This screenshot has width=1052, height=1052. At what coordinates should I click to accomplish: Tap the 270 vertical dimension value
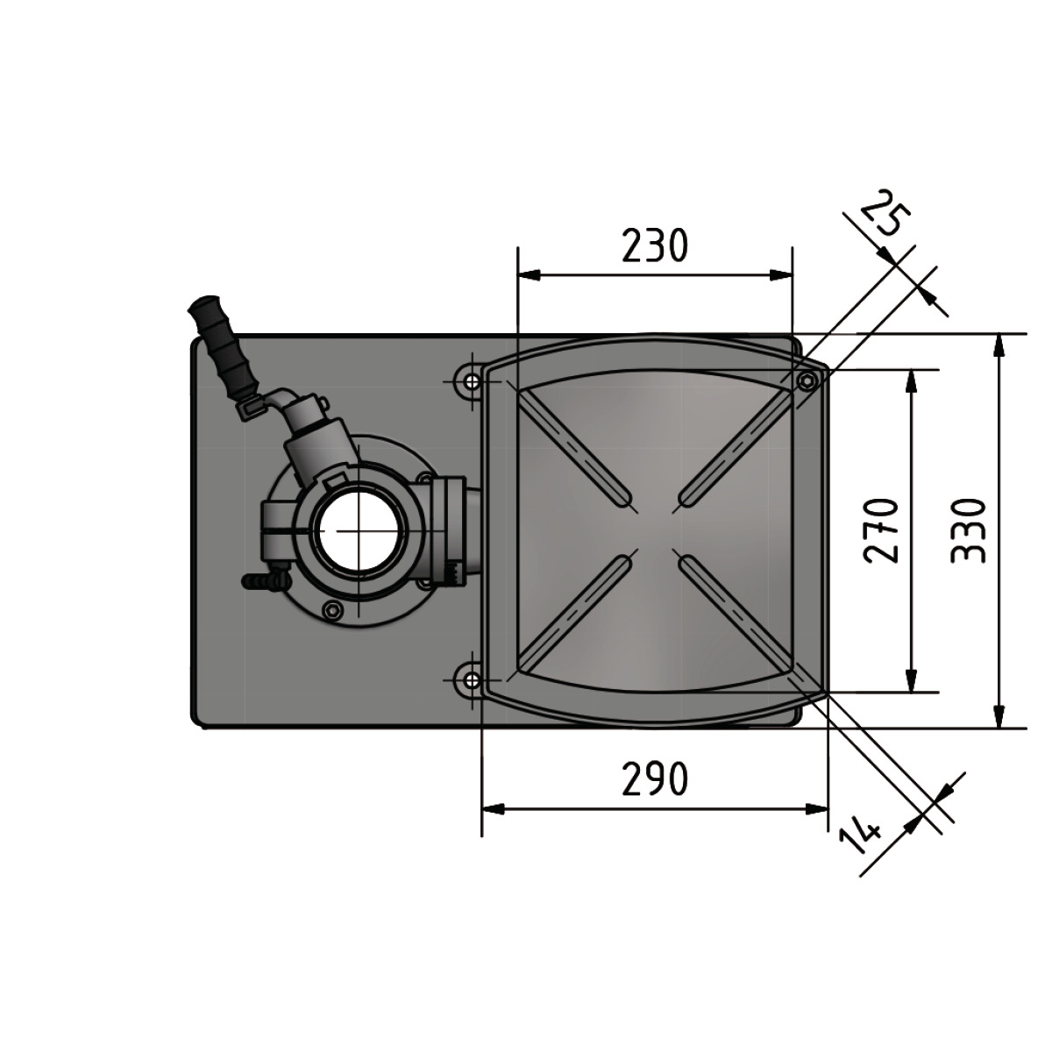pos(880,530)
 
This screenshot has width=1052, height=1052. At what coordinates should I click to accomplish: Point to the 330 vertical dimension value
pos(969,530)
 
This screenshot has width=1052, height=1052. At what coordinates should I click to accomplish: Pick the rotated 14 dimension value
pos(862,842)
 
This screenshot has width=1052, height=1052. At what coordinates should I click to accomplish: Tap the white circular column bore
pos(358,530)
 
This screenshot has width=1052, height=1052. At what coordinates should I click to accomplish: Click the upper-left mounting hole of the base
pos(471,380)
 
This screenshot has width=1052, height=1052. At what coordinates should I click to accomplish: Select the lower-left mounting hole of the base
pos(471,680)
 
